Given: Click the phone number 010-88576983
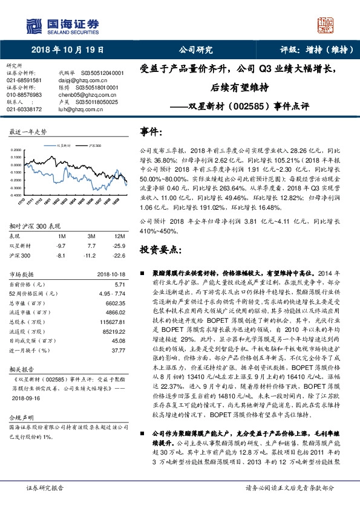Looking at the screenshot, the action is click(24, 95).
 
